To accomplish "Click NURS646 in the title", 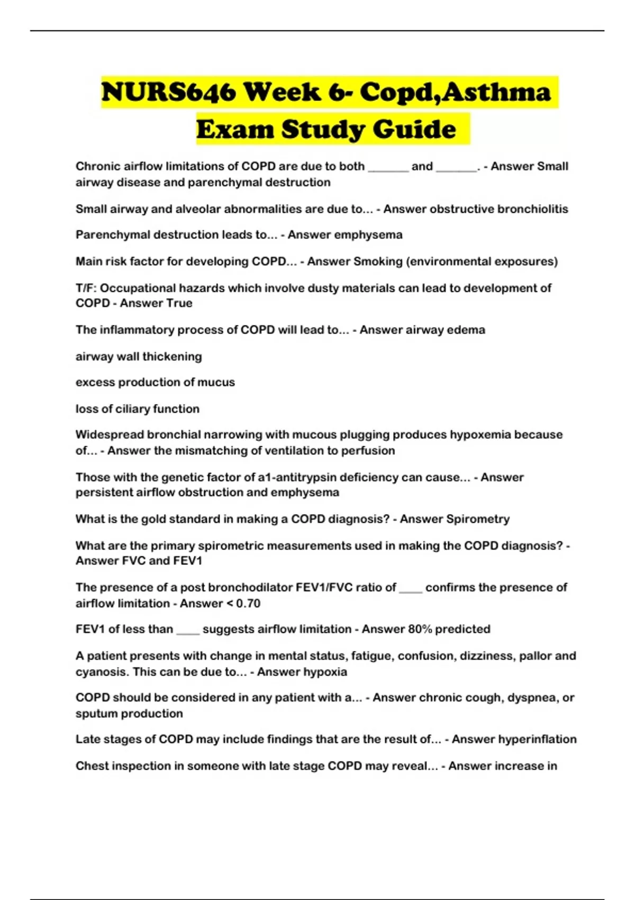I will [x=168, y=92].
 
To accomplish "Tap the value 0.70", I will [x=248, y=604].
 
